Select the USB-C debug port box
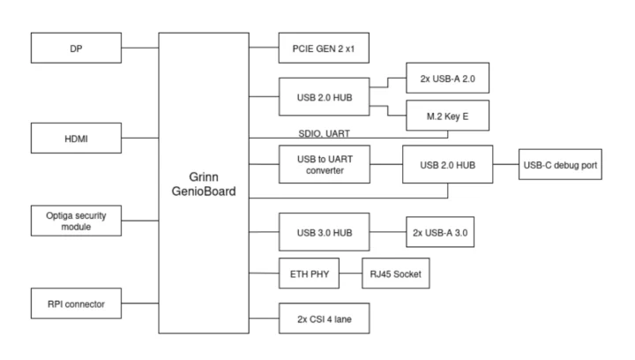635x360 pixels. point(561,165)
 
